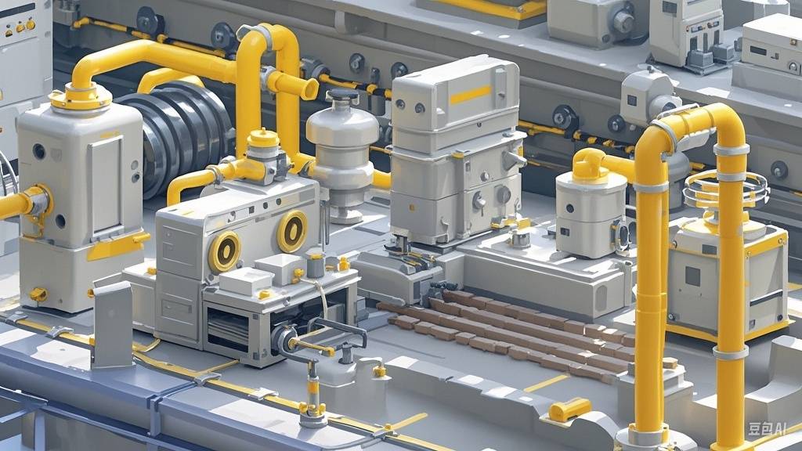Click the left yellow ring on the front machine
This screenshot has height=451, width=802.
(224, 251)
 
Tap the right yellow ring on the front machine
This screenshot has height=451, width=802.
(292, 232)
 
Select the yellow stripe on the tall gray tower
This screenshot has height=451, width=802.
(470, 95)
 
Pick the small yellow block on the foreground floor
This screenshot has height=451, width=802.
(569, 409)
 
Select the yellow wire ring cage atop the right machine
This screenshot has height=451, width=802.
(726, 189)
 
